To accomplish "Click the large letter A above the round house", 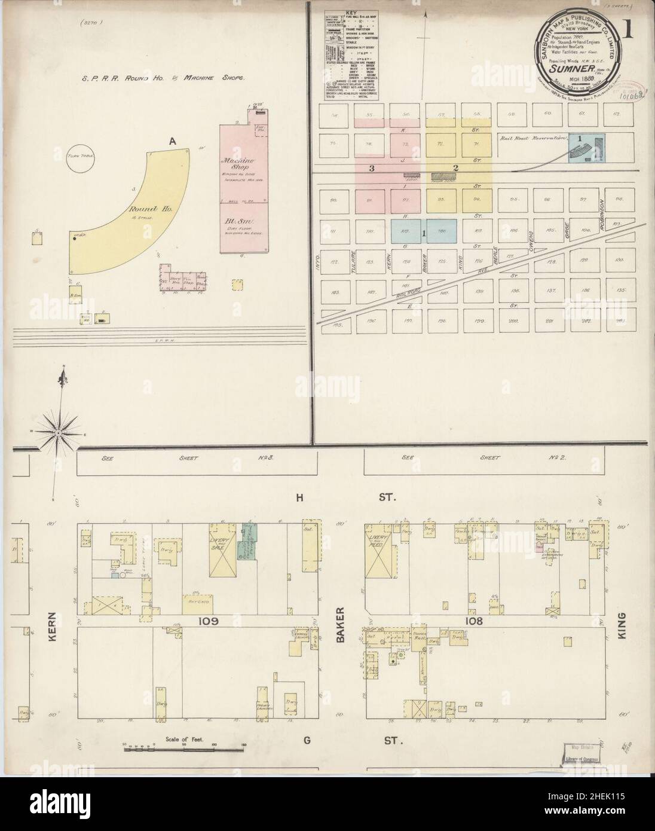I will [173, 141].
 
